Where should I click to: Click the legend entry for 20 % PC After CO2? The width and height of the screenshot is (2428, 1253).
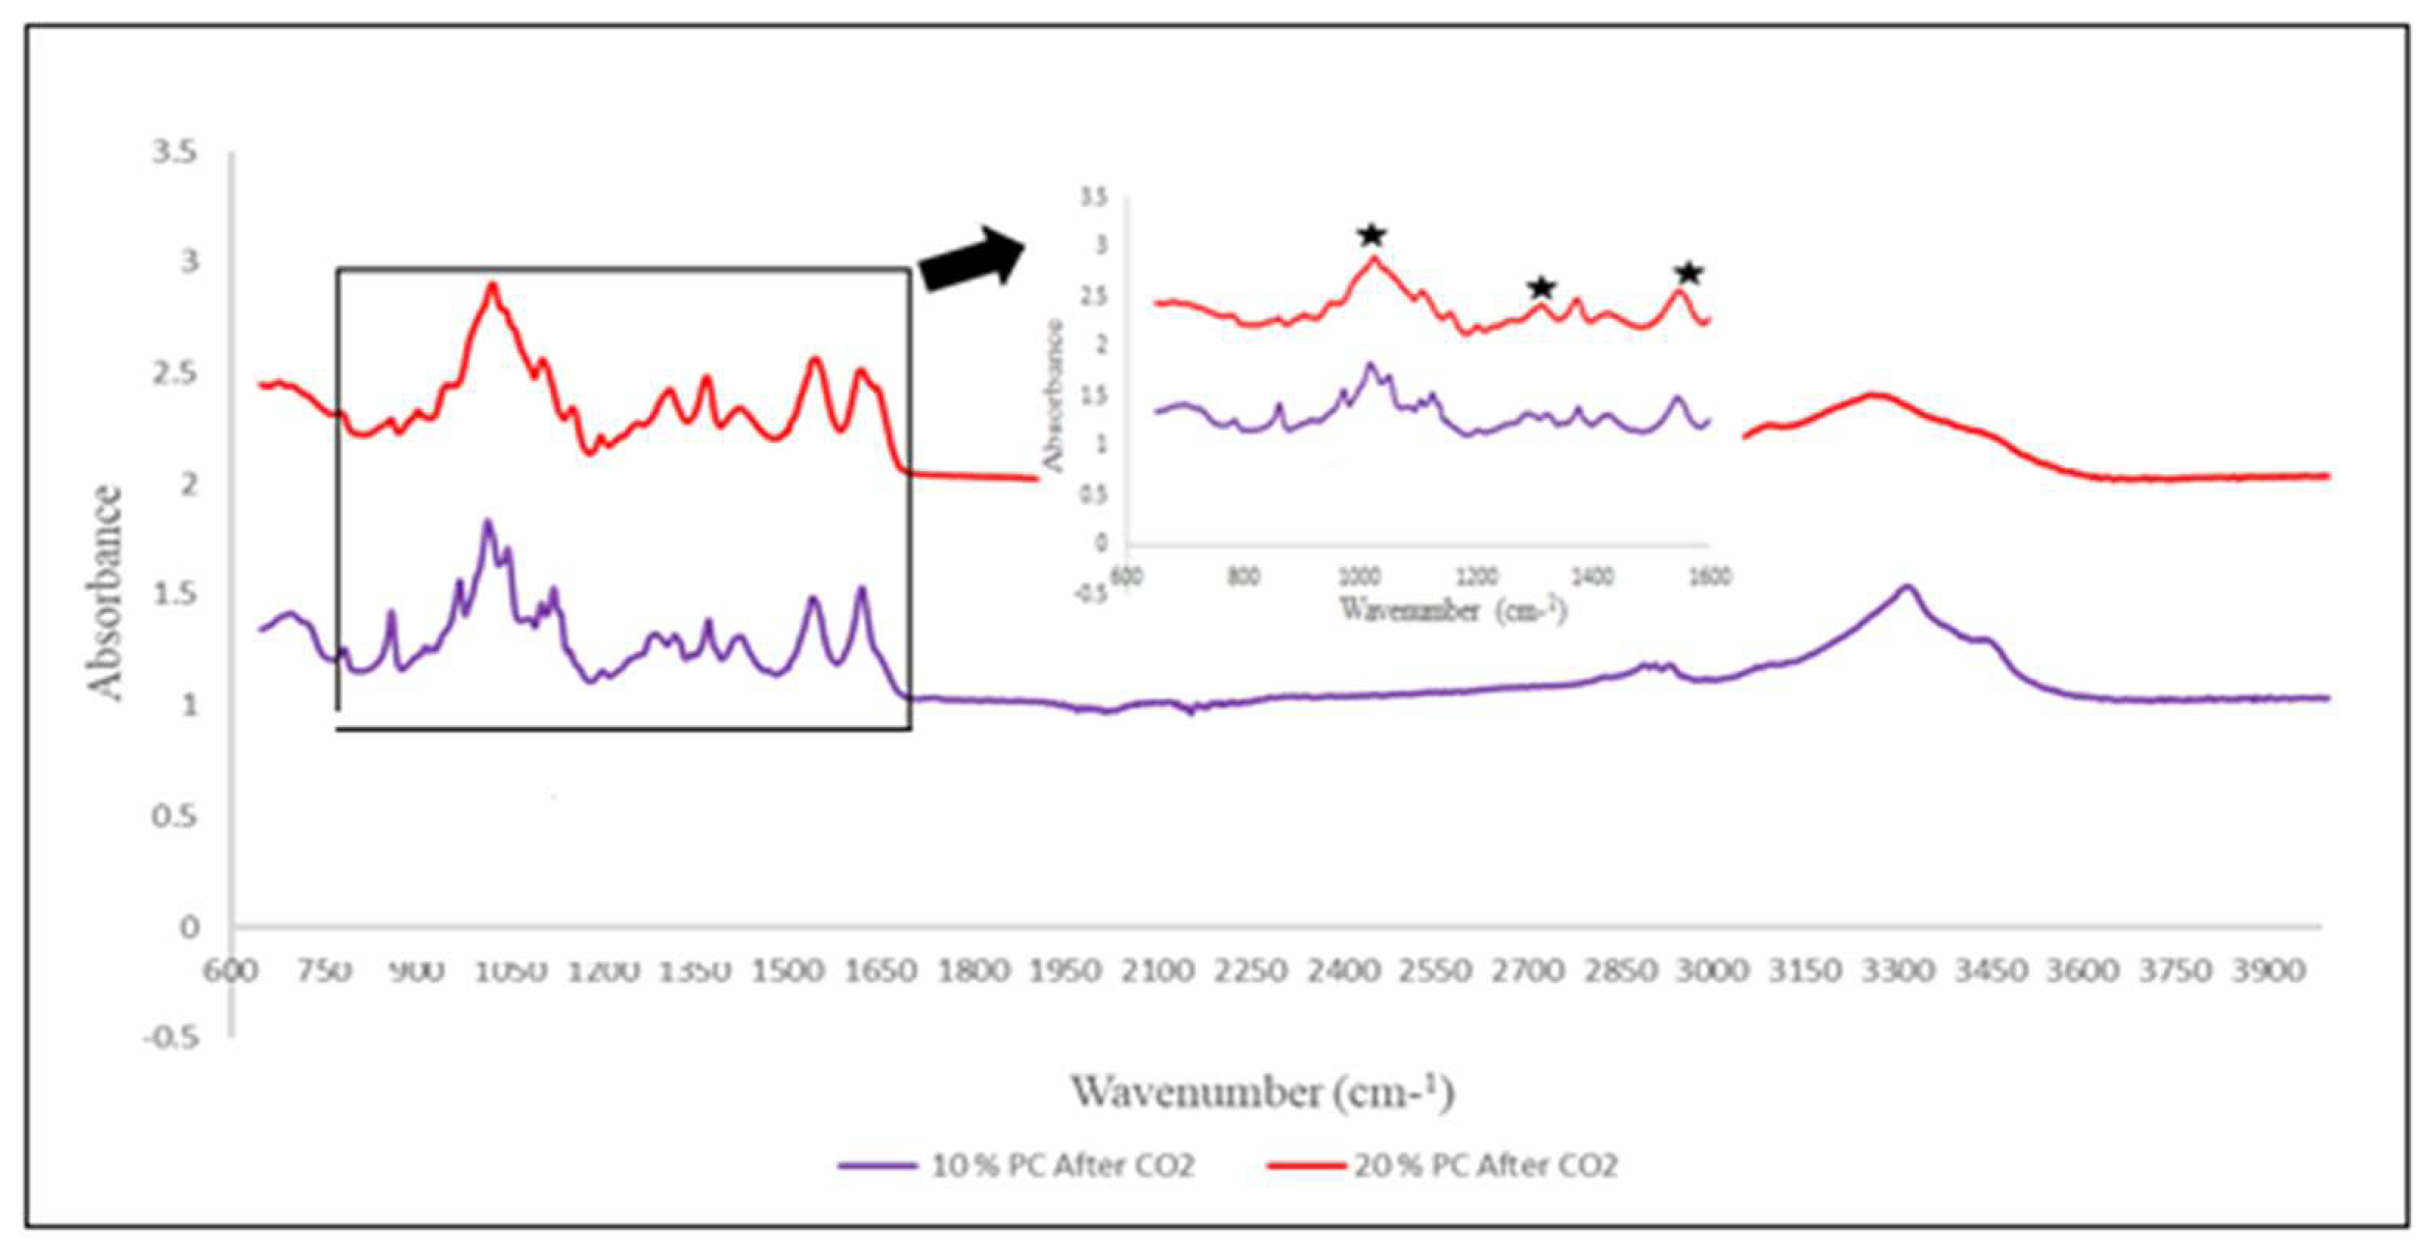coord(1442,1166)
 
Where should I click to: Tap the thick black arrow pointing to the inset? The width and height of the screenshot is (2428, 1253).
coord(971,260)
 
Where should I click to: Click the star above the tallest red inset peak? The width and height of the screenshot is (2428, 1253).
coord(1371,235)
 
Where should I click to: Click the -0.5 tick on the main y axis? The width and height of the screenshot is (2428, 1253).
coord(171,1038)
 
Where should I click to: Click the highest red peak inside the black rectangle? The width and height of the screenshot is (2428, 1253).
coord(491,285)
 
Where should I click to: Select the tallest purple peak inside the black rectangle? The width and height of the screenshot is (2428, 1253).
coord(487,521)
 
